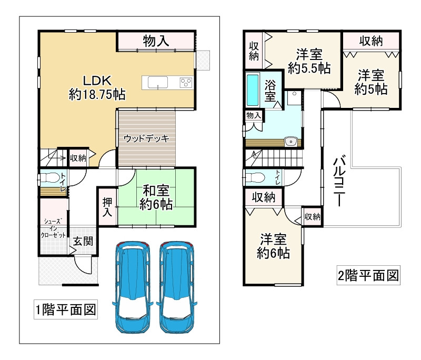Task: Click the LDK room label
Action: (97, 88)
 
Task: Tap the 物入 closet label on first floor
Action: (156, 41)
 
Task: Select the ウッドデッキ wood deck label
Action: (147, 138)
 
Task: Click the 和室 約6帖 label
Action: (156, 197)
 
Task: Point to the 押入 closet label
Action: (107, 207)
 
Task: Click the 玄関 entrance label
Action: (83, 241)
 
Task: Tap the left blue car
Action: (133, 287)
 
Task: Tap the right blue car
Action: (177, 287)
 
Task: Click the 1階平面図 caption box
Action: (66, 309)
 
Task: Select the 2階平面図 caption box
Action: (368, 275)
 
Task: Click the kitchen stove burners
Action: (186, 83)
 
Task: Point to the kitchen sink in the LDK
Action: (158, 83)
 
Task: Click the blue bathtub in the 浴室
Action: (253, 90)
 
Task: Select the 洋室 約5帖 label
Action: (371, 82)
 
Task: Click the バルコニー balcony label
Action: (339, 181)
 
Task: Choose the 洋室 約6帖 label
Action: (273, 246)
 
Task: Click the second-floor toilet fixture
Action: (254, 177)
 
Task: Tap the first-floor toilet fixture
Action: (49, 177)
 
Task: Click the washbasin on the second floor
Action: (290, 141)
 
